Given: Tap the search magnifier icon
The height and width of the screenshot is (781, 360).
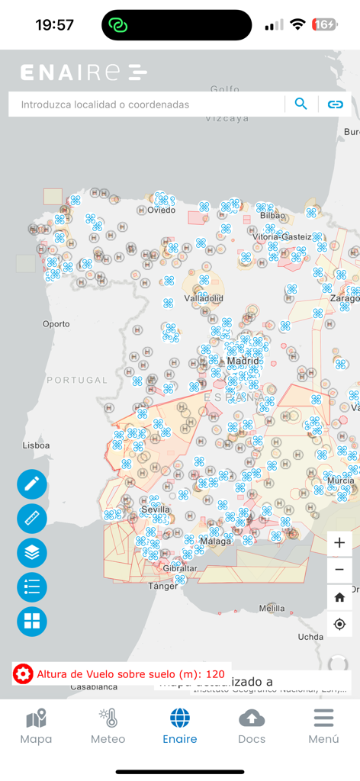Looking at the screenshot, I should tap(301, 104).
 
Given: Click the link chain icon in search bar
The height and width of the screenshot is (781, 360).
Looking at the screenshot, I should tap(336, 104).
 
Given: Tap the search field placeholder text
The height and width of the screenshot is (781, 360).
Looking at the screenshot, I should tap(105, 104).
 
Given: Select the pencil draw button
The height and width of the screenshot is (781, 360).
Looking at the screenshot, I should tap(32, 484).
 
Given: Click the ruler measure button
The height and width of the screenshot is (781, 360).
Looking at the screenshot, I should tap(32, 519).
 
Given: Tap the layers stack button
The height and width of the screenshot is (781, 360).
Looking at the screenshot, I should tap(32, 553).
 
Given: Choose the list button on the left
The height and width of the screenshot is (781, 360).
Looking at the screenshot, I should tap(32, 587).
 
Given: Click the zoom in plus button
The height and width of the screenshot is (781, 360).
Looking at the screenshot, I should tap(339, 543).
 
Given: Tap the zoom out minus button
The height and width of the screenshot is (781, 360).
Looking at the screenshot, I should tap(339, 570).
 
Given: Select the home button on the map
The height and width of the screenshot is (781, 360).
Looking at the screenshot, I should tap(339, 597).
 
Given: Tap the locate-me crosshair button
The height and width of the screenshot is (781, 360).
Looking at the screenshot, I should tap(339, 624).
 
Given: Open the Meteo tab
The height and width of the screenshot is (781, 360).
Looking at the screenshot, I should tap(108, 726).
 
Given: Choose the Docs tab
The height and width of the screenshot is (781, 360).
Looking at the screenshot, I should tap(252, 726).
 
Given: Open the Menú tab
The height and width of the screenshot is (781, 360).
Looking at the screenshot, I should tap(323, 726).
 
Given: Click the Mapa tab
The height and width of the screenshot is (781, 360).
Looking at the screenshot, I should tap(36, 726).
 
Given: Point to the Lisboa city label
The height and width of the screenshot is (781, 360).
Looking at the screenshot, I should tap(37, 445).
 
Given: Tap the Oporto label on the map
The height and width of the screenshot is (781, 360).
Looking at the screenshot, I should tap(56, 323).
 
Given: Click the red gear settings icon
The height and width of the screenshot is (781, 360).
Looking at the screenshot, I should tap(24, 673).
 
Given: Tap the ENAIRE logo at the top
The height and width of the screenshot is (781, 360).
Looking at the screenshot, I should tap(83, 72).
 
